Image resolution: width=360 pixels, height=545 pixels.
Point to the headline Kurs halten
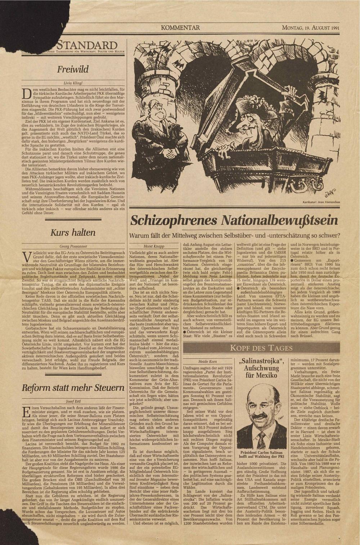(x=73, y=232)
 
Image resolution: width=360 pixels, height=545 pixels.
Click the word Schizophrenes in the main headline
(x=174, y=221)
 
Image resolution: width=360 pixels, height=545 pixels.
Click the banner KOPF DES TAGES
(x=261, y=348)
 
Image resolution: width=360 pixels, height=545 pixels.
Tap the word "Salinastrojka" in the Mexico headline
(x=261, y=361)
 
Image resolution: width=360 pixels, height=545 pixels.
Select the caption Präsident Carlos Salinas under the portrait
(x=261, y=452)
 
